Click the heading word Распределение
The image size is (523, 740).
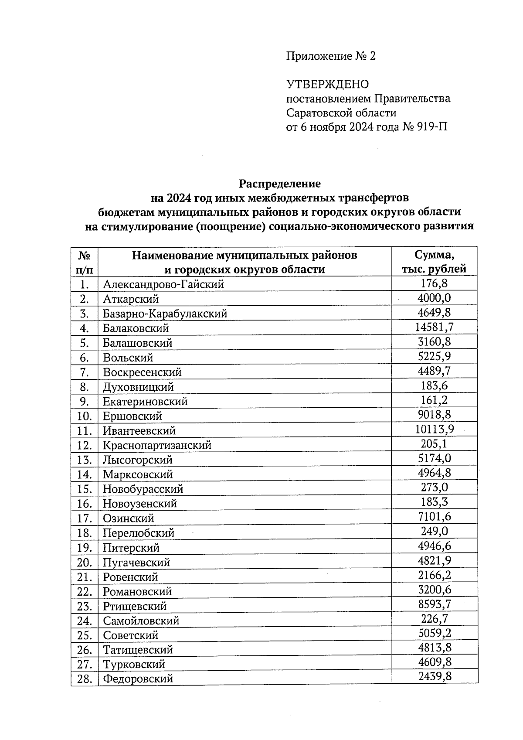coord(279,184)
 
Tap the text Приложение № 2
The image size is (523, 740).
coord(330,56)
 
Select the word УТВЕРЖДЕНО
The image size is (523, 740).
coord(327,84)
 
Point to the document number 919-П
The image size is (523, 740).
coord(432,127)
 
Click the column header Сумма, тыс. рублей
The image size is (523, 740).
coord(434,262)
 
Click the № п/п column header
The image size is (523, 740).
coord(85,262)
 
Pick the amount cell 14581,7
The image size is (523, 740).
coord(434,327)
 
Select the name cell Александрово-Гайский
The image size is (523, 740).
coord(163,285)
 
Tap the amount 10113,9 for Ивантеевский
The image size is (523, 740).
coord(434,430)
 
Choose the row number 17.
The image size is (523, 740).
coord(84,518)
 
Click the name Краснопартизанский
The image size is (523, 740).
coord(157,445)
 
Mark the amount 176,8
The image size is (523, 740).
coord(434,283)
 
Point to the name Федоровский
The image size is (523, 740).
coord(138,679)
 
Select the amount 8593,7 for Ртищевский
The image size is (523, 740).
coord(434,604)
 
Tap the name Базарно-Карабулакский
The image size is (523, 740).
coord(165,314)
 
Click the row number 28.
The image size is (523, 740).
coord(84,679)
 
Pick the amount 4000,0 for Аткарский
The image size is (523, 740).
coord(434,298)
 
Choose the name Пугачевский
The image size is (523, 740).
coord(136,563)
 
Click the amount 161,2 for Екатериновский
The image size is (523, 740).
coord(434,400)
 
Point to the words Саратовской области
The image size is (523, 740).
coord(341,113)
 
